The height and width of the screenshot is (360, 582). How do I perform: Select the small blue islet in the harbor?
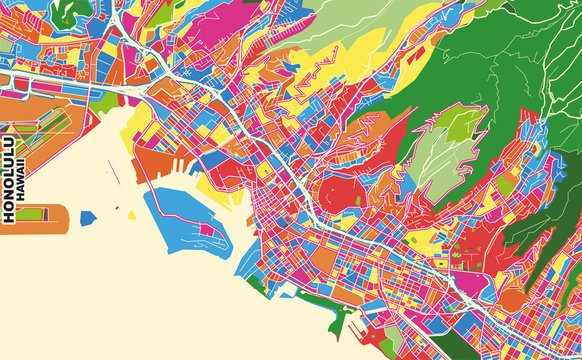pyautogui.click(x=88, y=216)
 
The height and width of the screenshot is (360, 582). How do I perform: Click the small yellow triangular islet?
pyautogui.click(x=131, y=213)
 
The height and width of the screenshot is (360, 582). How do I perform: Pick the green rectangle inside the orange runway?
pyautogui.click(x=30, y=214)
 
